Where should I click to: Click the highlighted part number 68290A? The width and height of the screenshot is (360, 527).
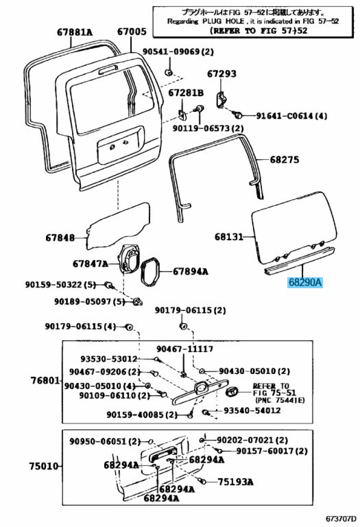305,283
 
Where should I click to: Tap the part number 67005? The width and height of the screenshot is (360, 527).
132,32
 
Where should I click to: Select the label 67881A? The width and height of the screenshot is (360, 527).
75,32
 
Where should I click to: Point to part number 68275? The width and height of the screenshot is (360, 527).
285,159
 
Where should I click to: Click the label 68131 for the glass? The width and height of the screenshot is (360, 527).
229,237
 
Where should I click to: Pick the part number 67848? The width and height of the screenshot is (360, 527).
60,238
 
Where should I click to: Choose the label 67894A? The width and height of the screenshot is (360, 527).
191,271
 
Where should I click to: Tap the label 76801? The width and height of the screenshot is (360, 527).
45,380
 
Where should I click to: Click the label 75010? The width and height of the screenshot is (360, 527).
43,466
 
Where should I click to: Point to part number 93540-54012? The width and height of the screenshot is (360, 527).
252,410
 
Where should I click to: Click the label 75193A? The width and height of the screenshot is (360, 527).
235,482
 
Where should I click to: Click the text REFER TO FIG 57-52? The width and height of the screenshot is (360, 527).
259,31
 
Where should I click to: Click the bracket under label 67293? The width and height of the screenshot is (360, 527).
220,99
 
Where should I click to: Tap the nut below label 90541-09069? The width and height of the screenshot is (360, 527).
169,72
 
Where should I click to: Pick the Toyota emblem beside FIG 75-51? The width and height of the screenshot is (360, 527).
232,392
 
